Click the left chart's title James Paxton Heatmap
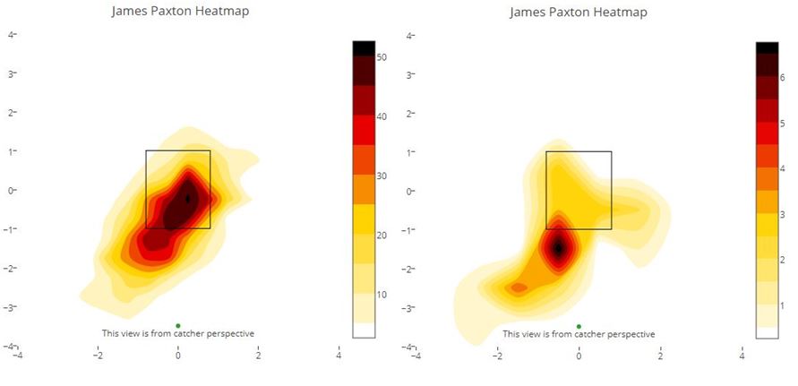click(x=180, y=12)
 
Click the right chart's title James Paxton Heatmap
click(x=579, y=12)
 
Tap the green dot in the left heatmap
click(x=178, y=325)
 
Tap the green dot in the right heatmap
click(x=579, y=326)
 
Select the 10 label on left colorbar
click(x=382, y=295)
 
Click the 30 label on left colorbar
click(x=382, y=176)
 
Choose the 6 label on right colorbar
click(x=782, y=78)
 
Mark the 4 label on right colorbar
click(x=782, y=168)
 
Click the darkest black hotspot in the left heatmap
click(x=187, y=199)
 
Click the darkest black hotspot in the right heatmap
click(x=558, y=248)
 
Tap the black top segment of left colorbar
click(x=364, y=48)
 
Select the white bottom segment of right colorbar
click(x=768, y=332)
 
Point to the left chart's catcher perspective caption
click(x=178, y=334)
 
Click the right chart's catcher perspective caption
click(x=579, y=334)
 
